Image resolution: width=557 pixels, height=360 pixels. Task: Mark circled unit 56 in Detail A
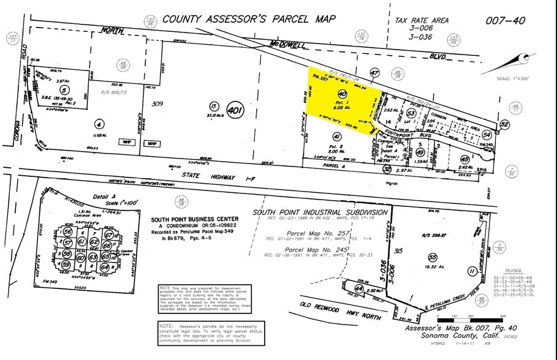coord(68,233)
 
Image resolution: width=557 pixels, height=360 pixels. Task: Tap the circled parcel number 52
coord(504,124)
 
